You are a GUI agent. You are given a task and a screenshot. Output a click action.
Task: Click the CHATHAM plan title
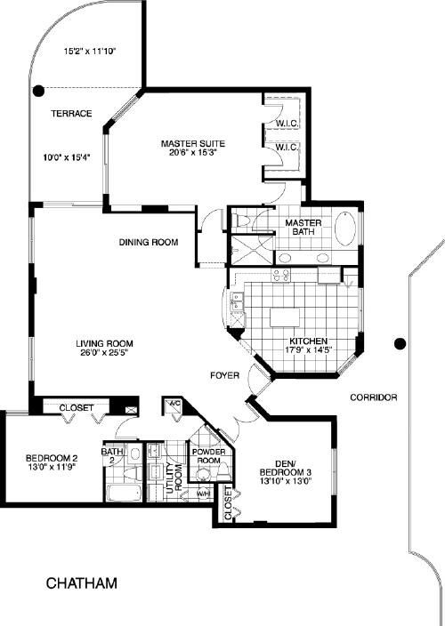tap(82, 583)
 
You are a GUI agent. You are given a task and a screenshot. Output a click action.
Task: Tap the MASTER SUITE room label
tap(193, 143)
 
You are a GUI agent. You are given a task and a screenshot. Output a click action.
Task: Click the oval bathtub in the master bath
tap(345, 228)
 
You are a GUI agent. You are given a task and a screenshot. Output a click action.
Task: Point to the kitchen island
tap(285, 317)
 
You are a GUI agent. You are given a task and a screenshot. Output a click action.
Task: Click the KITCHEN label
tap(308, 341)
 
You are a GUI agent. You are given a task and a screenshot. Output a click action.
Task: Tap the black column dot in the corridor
tap(400, 343)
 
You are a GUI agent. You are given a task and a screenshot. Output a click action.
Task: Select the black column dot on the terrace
tap(38, 92)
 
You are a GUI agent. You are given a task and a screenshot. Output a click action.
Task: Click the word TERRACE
tap(71, 114)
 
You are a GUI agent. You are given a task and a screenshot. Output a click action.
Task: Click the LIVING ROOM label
tap(105, 343)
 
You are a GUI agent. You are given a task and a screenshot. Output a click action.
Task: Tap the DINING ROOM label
tap(149, 242)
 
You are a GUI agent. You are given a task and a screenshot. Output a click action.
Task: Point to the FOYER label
tap(225, 375)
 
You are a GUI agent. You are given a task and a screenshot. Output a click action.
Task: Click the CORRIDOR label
tap(374, 397)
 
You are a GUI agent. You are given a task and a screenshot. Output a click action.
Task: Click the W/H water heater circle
tap(204, 494)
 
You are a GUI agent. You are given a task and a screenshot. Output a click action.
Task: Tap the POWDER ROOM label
tap(208, 456)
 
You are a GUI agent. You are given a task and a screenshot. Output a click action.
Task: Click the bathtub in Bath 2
tap(124, 493)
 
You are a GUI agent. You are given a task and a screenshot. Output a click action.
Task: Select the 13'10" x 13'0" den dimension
tap(286, 481)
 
